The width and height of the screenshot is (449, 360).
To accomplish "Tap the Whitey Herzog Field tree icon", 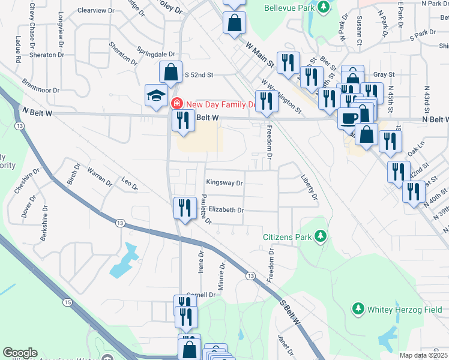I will (358, 308).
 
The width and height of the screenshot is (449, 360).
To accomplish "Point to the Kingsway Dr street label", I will (224, 183).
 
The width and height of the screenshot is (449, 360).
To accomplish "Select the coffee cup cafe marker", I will (349, 117).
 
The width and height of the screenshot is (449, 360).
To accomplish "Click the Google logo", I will (20, 353).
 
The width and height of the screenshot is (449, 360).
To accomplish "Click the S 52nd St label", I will (199, 75).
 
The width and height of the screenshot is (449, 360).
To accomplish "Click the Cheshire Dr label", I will (26, 180).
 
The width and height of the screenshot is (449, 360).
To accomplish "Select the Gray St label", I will (383, 74).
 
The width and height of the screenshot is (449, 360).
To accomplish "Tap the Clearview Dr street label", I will (96, 11).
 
